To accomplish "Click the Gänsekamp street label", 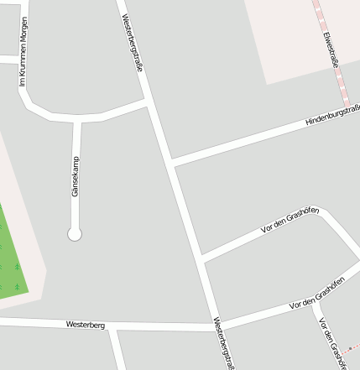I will click(x=75, y=177).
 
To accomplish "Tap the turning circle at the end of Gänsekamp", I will click(x=75, y=234).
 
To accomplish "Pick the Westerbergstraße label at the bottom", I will click(x=222, y=342).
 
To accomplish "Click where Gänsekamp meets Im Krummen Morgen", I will click(x=76, y=118).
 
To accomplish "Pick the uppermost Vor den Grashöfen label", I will click(x=290, y=220).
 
